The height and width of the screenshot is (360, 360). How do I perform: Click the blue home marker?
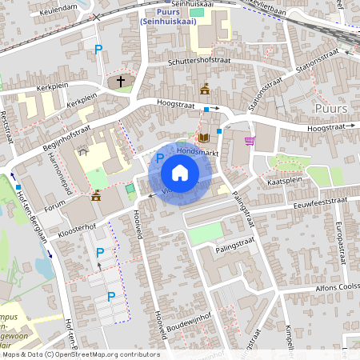coord(180,173)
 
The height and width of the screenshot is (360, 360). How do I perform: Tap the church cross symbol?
coord(122,81)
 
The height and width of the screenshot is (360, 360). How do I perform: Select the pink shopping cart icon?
coord(250,142)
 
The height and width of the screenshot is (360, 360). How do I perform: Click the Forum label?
coord(54,206)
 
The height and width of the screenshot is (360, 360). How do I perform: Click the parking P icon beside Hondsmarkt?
coord(159,158)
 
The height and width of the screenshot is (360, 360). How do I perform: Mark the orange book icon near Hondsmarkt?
coord(203,138)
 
